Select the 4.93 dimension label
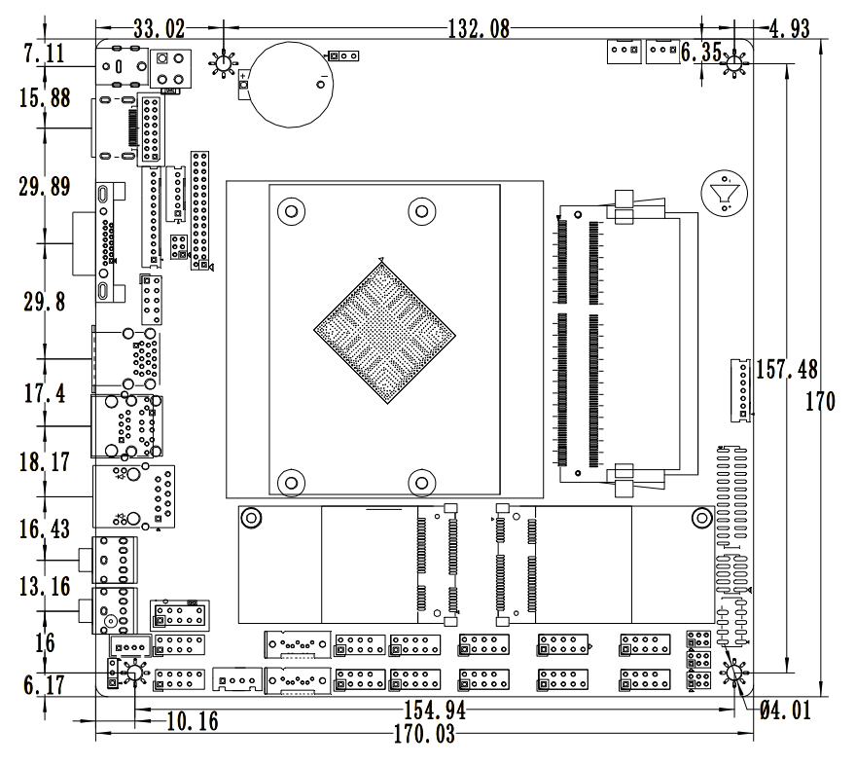coord(789,27)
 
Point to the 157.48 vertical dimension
coord(788,370)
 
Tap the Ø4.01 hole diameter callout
coord(783,710)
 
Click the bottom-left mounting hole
coord(133,671)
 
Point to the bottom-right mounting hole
coord(736,674)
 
